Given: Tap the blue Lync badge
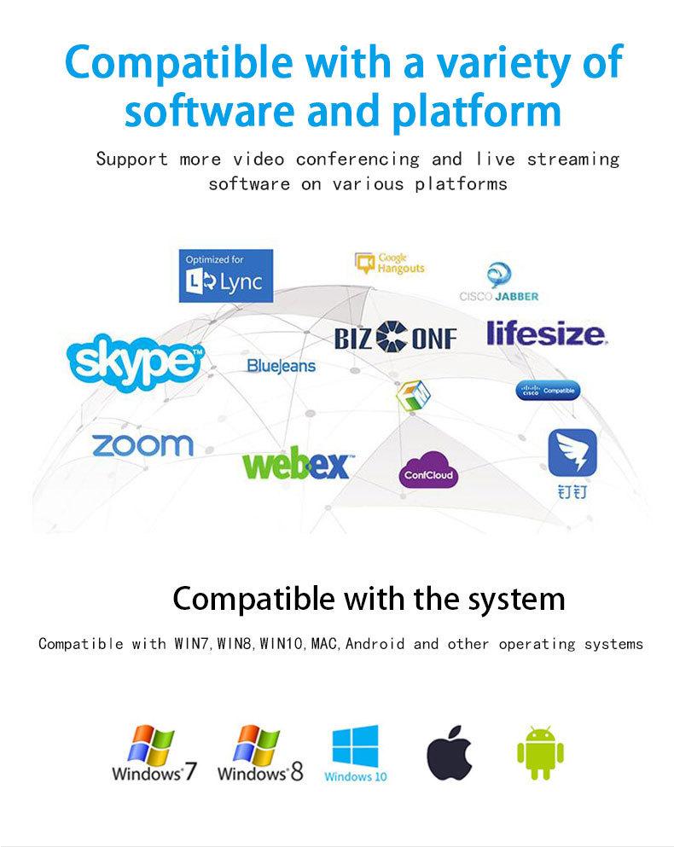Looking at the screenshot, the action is coord(226,276).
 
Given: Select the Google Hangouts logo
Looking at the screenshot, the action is coord(390,264).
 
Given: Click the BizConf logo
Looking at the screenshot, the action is coord(396,337).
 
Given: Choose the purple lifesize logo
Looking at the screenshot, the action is coord(547,333).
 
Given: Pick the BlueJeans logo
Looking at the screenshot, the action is coord(281,365).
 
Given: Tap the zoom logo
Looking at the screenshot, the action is coord(142,444).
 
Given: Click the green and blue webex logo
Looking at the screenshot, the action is coord(295,464).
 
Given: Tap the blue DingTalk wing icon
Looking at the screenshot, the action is coord(571,454).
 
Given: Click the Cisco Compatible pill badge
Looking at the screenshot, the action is coord(549,391).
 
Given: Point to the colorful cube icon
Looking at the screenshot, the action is coord(414,393).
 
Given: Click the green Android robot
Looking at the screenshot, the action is coord(541,751).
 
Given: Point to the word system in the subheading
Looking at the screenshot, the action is coord(514,598).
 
